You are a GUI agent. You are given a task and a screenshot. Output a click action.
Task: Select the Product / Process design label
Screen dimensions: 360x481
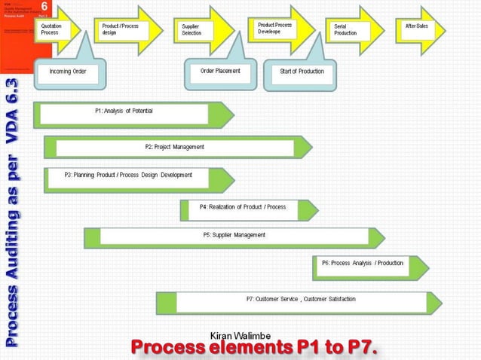(121, 29)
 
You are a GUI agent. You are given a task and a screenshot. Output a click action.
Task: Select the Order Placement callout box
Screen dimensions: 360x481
(220, 72)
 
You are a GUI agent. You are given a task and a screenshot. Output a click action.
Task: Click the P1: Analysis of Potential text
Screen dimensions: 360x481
(124, 111)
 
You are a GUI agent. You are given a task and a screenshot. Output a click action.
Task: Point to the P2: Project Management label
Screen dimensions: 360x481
(174, 147)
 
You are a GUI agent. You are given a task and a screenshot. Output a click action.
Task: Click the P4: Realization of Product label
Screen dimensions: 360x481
(242, 206)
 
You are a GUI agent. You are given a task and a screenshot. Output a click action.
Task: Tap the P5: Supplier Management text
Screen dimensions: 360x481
(234, 235)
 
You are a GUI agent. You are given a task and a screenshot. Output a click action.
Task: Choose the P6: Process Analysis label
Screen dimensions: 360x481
(362, 263)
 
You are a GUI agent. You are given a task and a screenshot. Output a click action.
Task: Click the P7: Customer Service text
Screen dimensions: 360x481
(301, 299)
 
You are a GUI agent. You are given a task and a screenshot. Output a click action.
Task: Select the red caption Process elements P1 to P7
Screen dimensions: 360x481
(253, 348)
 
